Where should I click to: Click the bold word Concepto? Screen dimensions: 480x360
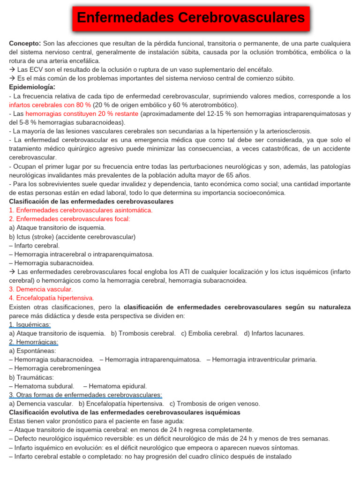(25, 43)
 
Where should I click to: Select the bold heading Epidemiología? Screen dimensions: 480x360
(32, 87)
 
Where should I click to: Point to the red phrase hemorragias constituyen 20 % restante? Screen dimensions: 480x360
(82, 113)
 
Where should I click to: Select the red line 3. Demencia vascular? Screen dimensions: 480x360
(41, 289)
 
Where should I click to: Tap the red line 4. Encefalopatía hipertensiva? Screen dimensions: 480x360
(51, 298)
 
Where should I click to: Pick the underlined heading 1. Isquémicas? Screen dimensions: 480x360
(30, 324)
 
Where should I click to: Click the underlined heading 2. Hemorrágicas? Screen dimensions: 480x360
(33, 342)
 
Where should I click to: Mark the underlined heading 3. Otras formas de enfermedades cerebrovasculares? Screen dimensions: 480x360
(85, 395)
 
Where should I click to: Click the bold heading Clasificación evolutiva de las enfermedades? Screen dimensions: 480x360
(124, 412)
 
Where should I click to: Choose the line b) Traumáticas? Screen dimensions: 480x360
(31, 377)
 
